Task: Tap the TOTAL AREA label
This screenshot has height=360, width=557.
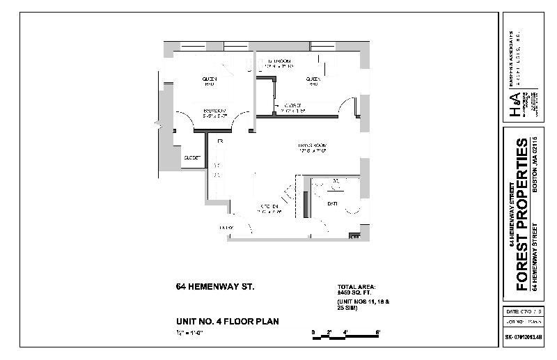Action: [x=355, y=287]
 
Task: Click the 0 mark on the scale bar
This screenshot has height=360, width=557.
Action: [x=313, y=331]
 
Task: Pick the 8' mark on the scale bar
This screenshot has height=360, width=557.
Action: [x=378, y=331]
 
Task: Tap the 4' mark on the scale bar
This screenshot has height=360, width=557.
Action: [x=345, y=331]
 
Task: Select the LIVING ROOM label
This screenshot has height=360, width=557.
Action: [x=313, y=146]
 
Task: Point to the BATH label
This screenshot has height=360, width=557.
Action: [x=332, y=203]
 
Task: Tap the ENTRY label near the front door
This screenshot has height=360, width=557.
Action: [x=226, y=228]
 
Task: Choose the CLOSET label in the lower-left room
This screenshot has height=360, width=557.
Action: [x=191, y=158]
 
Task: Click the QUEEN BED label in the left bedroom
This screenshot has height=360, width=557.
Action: [x=209, y=81]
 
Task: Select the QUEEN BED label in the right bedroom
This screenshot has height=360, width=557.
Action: [x=313, y=81]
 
